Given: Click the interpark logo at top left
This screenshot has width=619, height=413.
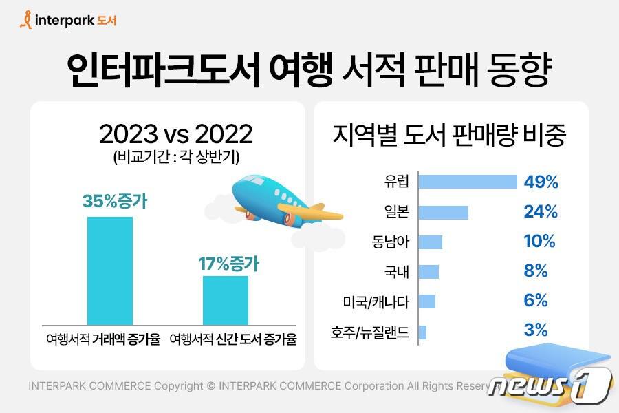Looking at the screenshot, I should (68, 20).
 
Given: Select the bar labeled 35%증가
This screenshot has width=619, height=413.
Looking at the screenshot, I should (109, 270).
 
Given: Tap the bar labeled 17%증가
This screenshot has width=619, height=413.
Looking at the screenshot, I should (225, 300).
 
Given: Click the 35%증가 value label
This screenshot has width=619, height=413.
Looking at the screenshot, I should (115, 202).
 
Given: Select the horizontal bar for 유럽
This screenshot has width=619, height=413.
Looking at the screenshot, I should (468, 182).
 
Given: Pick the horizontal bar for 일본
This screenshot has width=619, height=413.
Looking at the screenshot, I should (443, 212).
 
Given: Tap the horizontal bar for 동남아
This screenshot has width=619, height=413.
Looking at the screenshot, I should (430, 242).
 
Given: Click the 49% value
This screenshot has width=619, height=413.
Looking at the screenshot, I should (541, 182).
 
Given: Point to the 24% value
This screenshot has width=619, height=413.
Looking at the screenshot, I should (541, 212).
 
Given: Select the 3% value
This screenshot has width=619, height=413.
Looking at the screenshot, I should (536, 330).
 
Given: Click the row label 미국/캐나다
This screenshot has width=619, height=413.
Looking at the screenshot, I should (376, 301).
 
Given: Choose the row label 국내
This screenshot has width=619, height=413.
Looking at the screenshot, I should (397, 272).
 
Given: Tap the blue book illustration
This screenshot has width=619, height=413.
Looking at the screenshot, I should (550, 368).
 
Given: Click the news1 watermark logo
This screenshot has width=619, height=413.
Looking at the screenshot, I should (550, 385).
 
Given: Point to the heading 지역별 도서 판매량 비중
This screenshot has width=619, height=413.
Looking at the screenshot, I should (449, 136).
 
